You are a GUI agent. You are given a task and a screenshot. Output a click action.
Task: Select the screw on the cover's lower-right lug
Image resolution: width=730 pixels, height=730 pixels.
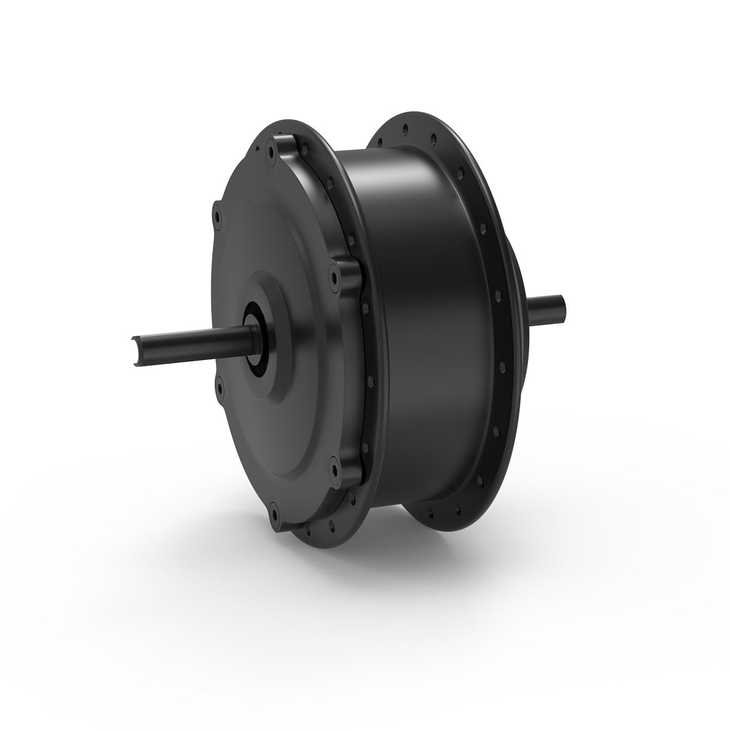(332, 468)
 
